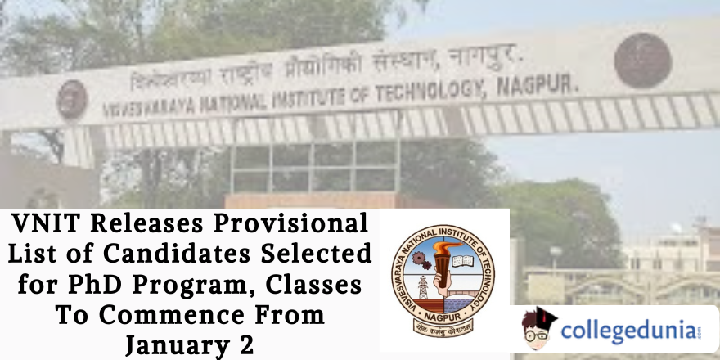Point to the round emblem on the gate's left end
tap(72, 99)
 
